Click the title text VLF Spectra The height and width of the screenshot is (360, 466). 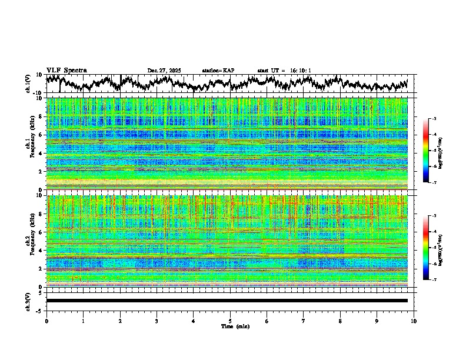[x=66, y=71]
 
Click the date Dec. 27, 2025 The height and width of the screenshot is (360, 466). [x=164, y=71]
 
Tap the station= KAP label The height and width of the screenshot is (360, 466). [x=218, y=71]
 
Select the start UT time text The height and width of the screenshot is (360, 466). [x=284, y=71]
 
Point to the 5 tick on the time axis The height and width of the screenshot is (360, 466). [x=230, y=321]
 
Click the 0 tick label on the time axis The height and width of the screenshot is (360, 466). [x=46, y=321]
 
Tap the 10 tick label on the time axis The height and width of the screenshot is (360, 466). [x=414, y=321]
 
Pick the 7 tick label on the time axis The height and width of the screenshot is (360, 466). [x=304, y=321]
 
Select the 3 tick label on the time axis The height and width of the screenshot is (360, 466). [x=157, y=321]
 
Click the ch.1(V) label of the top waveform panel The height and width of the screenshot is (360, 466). [x=28, y=84]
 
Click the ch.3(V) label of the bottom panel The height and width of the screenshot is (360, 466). [x=28, y=301]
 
